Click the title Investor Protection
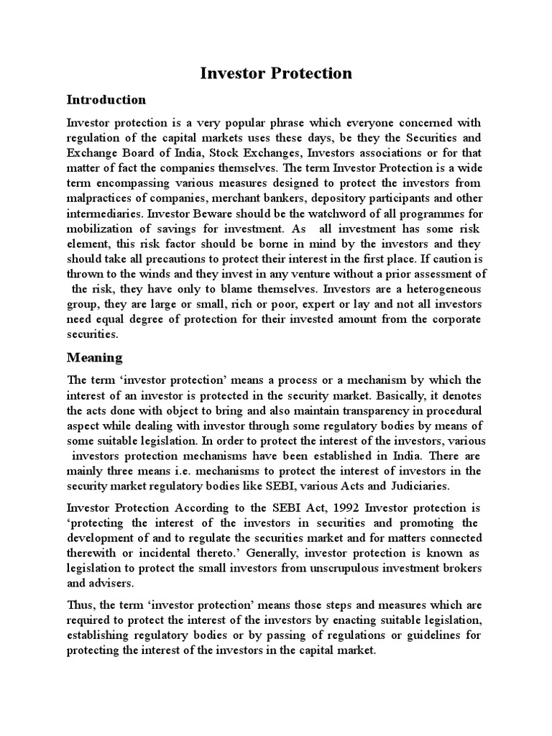275,73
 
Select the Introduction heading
106,100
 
